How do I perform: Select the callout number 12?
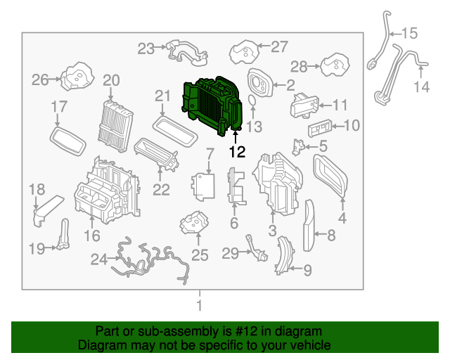click(237, 151)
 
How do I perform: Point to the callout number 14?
click(420, 87)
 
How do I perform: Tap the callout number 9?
click(307, 269)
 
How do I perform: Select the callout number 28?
click(300, 67)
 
